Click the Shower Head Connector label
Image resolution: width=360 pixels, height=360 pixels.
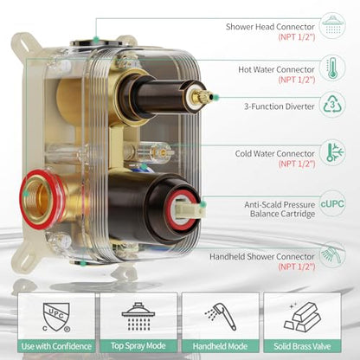pyautogui.click(x=270, y=27)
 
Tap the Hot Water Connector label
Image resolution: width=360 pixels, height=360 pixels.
pyautogui.click(x=276, y=69)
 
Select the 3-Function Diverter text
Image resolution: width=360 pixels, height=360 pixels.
pyautogui.click(x=279, y=106)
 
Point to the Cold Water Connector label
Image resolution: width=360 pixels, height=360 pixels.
pyautogui.click(x=274, y=153)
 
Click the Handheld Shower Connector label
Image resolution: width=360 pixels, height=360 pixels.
pyautogui.click(x=262, y=256)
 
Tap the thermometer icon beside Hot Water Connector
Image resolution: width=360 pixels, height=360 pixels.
pyautogui.click(x=332, y=68)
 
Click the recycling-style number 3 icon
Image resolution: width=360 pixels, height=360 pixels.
pyautogui.click(x=332, y=106)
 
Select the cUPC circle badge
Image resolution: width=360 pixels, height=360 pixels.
pyautogui.click(x=332, y=203)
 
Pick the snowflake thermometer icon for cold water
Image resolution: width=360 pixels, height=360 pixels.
pyautogui.click(x=335, y=152)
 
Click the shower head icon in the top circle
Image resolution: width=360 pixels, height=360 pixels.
pyautogui.click(x=332, y=25)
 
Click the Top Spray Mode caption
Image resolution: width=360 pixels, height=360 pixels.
pyautogui.click(x=138, y=345)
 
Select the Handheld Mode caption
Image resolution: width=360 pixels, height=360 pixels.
pyautogui.click(x=220, y=346)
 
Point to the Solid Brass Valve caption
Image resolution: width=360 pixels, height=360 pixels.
pyautogui.click(x=302, y=346)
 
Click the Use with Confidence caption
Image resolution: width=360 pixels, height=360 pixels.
pyautogui.click(x=56, y=346)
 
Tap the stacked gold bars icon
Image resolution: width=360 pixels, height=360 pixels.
pyautogui.click(x=302, y=317)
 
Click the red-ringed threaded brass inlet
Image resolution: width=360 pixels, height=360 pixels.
pyautogui.click(x=40, y=198)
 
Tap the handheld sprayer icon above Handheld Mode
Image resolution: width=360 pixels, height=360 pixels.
pyautogui.click(x=221, y=316)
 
